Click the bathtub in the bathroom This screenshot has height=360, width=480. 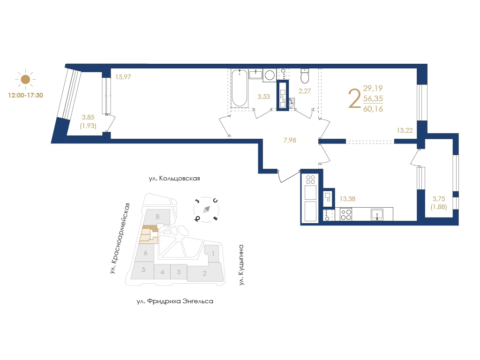pyautogui.click(x=239, y=88)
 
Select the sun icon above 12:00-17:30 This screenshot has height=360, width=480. pyautogui.click(x=25, y=79)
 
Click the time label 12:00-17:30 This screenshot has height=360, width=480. pyautogui.click(x=25, y=95)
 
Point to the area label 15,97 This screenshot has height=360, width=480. pyautogui.click(x=123, y=77)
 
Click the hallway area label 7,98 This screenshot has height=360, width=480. pyautogui.click(x=290, y=140)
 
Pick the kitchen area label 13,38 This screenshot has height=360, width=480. pyautogui.click(x=347, y=199)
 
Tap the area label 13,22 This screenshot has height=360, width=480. pyautogui.click(x=405, y=130)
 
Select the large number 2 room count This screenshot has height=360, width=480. pyautogui.click(x=354, y=98)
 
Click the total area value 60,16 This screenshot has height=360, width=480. pyautogui.click(x=373, y=109)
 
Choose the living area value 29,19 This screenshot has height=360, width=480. pyautogui.click(x=373, y=88)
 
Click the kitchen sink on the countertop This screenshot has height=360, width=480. pyautogui.click(x=377, y=214)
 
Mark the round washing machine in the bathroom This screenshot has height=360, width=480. pyautogui.click(x=270, y=75)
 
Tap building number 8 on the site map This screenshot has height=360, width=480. pyautogui.click(x=157, y=217)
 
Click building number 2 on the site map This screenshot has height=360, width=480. pyautogui.click(x=204, y=273)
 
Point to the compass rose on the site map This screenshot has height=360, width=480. pyautogui.click(x=207, y=210)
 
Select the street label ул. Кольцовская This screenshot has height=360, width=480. pyautogui.click(x=174, y=179)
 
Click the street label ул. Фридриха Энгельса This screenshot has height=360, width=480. pyautogui.click(x=175, y=301)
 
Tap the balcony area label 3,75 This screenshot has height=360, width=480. pyautogui.click(x=439, y=199)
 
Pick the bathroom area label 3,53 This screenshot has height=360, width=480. pyautogui.click(x=263, y=97)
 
